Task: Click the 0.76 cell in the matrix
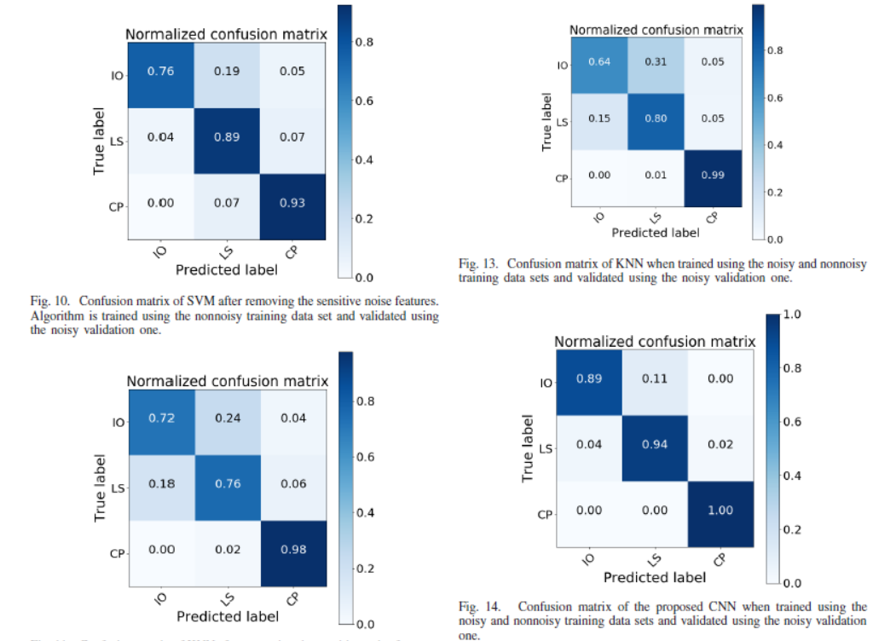160,72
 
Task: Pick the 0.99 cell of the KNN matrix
714,176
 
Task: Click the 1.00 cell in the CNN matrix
720,511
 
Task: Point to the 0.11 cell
655,379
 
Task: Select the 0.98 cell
292,551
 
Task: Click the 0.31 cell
656,62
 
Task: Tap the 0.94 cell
655,445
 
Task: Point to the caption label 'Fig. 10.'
48,301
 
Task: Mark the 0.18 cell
160,485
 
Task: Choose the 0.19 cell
227,72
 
